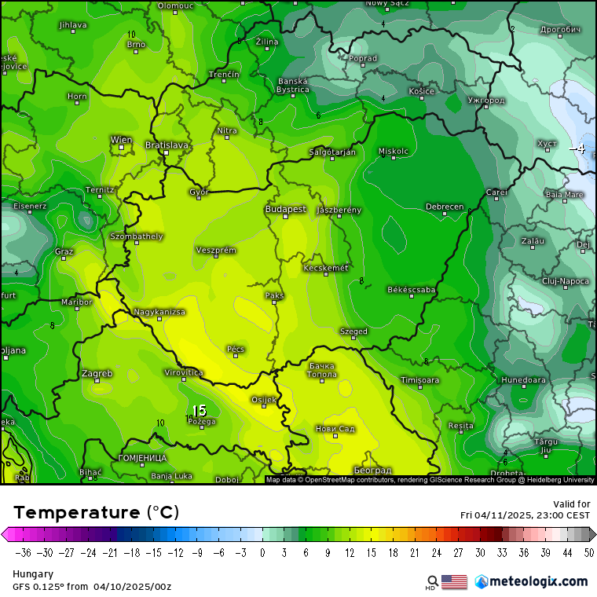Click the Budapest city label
285,210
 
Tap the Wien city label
121,141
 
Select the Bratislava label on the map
167,145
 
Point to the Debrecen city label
445,207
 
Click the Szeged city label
353,331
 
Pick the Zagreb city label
97,373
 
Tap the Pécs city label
236,349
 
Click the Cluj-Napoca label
565,280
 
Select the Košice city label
421,91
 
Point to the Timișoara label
419,380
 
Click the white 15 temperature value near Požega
199,410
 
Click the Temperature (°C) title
96,512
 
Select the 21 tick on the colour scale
413,552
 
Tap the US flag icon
454,581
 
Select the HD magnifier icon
432,582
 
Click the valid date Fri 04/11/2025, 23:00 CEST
525,515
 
